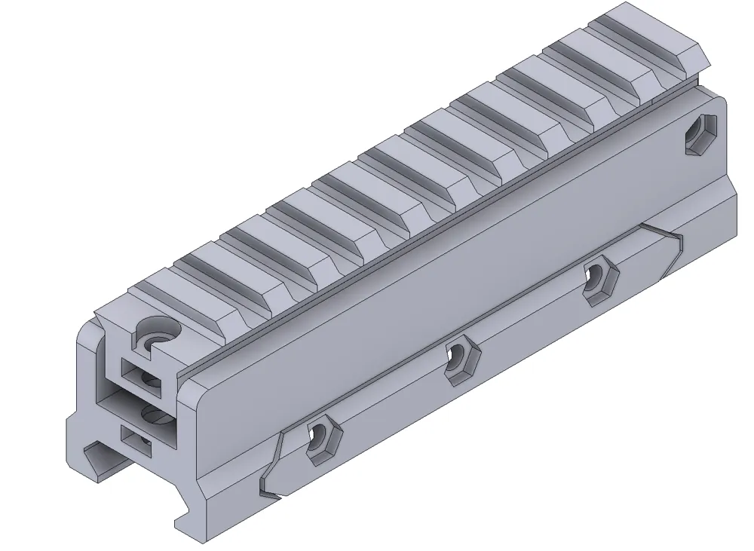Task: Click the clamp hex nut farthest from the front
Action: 599,280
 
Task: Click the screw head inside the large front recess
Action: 153,415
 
